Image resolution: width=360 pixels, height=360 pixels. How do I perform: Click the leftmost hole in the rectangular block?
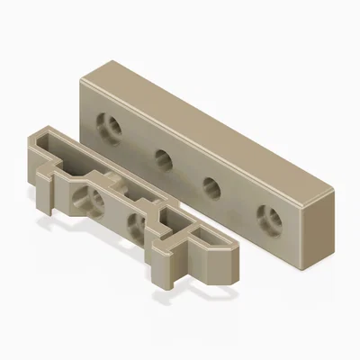point(112,125)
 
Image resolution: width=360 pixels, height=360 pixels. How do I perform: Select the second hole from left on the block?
point(163,159)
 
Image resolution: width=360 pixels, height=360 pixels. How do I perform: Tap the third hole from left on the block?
point(212,188)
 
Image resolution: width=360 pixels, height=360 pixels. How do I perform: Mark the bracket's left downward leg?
point(45,198)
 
